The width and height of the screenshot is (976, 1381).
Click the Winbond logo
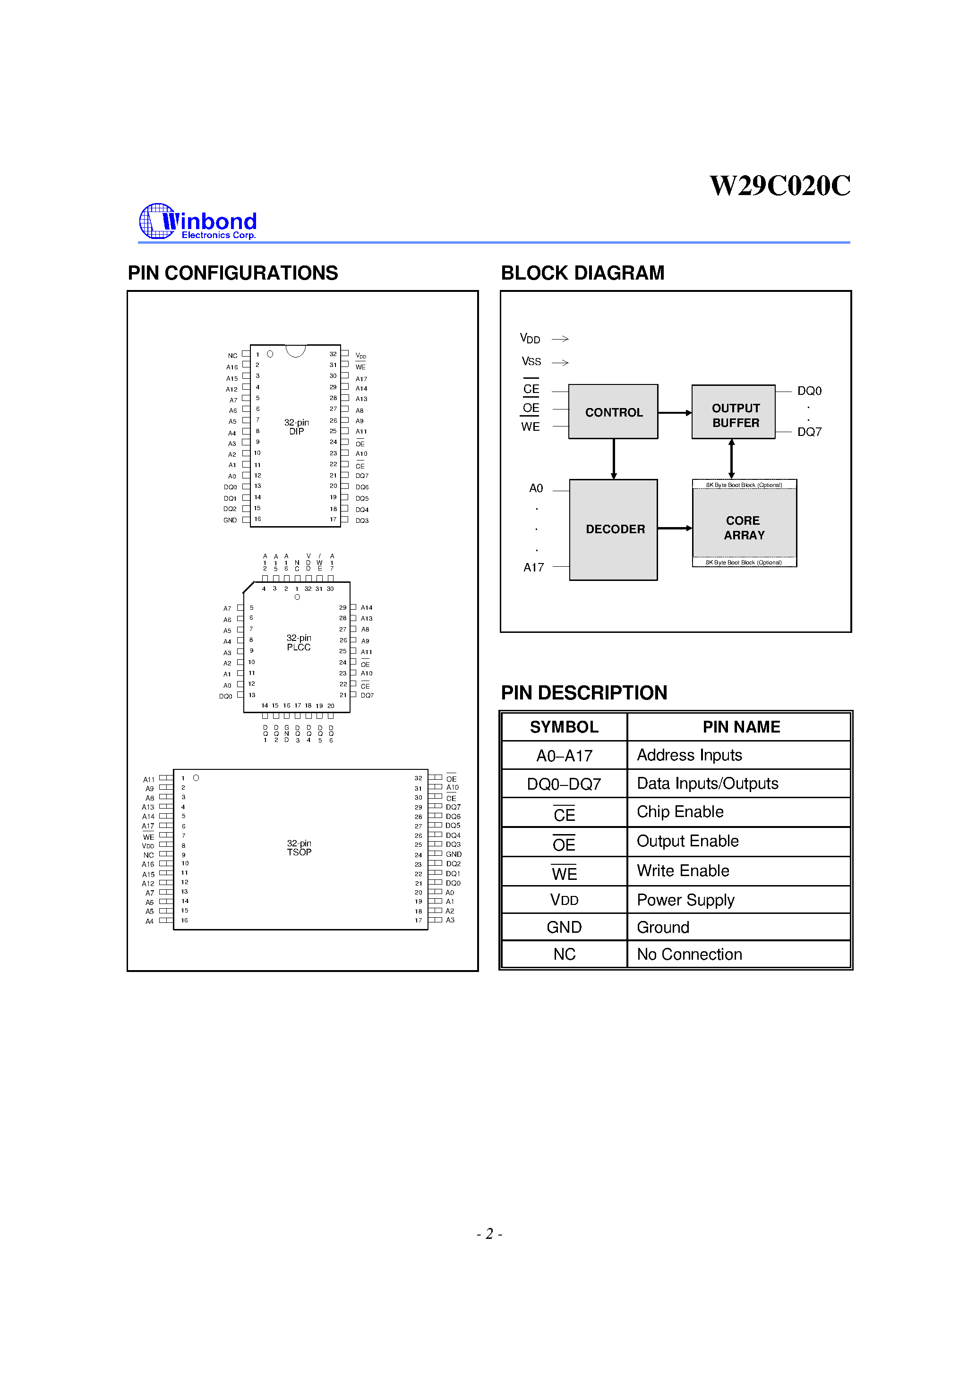198,222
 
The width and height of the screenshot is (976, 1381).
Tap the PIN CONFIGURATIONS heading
232,273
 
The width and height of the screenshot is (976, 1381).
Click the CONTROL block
613,412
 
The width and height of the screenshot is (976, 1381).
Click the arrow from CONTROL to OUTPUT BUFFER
674,413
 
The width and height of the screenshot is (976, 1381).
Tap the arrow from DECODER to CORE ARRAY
674,528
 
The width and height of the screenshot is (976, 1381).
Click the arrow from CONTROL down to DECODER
613,458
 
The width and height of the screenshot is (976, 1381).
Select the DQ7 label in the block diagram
809,432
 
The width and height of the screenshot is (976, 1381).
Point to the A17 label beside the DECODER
533,567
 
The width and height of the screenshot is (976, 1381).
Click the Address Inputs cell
689,755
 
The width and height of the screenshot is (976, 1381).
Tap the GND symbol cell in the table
564,927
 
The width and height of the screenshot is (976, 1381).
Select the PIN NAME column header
741,726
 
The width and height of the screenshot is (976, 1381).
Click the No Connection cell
689,954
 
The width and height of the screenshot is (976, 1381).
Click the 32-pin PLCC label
299,642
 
